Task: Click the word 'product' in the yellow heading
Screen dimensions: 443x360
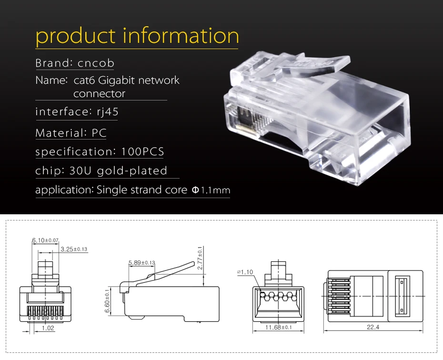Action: click(75, 36)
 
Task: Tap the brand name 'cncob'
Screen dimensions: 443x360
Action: click(96, 63)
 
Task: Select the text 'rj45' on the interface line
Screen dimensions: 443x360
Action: click(108, 111)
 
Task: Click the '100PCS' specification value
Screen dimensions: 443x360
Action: click(142, 151)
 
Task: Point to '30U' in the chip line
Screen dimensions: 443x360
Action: click(80, 170)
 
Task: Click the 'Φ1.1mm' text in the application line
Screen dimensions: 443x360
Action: click(211, 190)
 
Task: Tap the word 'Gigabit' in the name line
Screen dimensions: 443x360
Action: click(116, 80)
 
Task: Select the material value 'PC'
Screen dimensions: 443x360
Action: click(99, 133)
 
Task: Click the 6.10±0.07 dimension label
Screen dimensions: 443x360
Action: click(45, 240)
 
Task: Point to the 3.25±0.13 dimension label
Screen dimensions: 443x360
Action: click(74, 249)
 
